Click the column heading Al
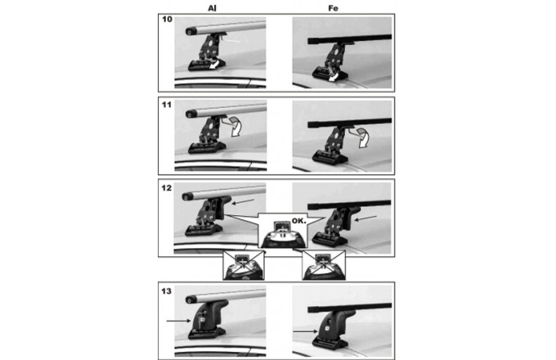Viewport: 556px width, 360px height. (x=212, y=8)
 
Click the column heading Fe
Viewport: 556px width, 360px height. (x=333, y=8)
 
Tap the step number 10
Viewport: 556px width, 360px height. (x=167, y=19)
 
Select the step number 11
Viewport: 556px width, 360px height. (x=167, y=105)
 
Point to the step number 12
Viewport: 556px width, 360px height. (x=167, y=188)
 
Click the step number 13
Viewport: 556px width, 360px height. (x=167, y=291)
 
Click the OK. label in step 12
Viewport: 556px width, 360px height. (x=298, y=221)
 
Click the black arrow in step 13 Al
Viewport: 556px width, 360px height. (x=179, y=321)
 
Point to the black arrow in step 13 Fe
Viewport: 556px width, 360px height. (x=305, y=331)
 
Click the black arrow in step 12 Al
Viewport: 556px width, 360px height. (x=243, y=201)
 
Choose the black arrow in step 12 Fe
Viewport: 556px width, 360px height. (x=365, y=218)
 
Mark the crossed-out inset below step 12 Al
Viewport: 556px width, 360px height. (x=244, y=265)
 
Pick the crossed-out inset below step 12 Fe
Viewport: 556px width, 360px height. (x=324, y=265)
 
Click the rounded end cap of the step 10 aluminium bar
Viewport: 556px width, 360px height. (x=191, y=31)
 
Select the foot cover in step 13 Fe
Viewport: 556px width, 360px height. (x=334, y=326)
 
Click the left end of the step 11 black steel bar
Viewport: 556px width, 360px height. (x=309, y=125)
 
